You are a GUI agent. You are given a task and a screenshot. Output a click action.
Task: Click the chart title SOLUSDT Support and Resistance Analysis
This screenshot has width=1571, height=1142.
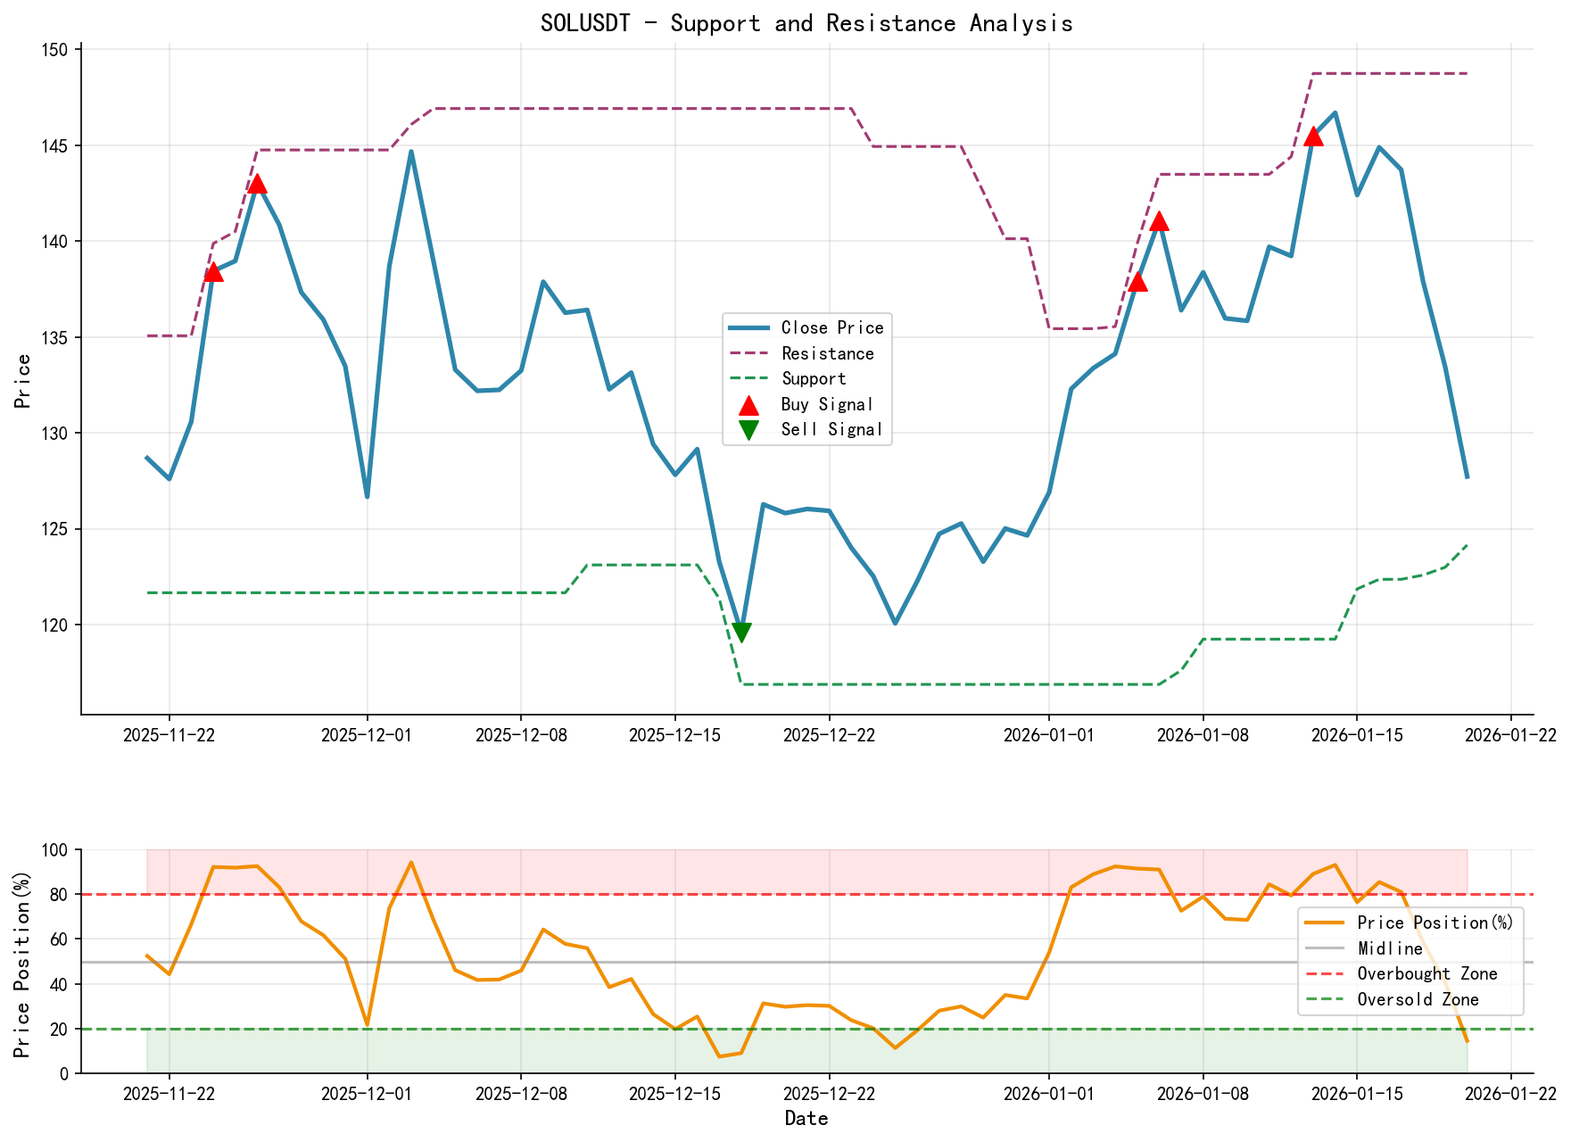(806, 23)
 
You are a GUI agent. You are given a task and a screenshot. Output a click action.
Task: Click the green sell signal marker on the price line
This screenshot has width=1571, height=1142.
(740, 633)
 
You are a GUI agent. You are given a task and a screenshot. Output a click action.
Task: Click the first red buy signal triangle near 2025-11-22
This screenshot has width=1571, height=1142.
(212, 271)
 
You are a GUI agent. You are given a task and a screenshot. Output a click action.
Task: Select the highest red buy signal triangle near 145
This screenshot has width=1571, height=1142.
(1313, 136)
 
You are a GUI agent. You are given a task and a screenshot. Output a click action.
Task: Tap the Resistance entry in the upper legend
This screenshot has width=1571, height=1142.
(827, 353)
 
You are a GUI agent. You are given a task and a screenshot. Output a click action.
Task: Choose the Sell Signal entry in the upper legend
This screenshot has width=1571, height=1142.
(831, 429)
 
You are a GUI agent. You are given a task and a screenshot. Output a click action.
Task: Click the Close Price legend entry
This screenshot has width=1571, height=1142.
(831, 327)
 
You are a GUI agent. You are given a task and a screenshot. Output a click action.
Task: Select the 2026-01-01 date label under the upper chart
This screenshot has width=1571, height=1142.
(1048, 735)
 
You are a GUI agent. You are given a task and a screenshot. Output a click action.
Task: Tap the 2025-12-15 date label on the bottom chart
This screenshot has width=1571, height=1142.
(674, 1094)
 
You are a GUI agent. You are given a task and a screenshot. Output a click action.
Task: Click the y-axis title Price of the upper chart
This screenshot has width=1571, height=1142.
(23, 381)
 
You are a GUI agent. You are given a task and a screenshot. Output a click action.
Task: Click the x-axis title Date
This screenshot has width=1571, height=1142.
(806, 1119)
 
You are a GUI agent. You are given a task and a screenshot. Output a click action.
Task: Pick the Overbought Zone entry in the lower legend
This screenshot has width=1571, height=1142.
(1426, 973)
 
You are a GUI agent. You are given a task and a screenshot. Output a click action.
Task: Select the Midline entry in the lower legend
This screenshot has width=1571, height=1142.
(1390, 948)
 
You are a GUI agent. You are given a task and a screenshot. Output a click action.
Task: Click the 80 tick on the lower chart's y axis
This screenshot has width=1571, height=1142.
(61, 895)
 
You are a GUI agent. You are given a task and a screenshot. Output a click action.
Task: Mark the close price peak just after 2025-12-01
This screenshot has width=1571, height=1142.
(411, 152)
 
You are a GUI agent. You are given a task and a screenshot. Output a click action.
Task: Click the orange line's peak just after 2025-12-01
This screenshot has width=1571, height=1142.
(411, 862)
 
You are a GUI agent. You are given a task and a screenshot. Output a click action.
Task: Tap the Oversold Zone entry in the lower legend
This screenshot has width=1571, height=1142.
(1418, 999)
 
